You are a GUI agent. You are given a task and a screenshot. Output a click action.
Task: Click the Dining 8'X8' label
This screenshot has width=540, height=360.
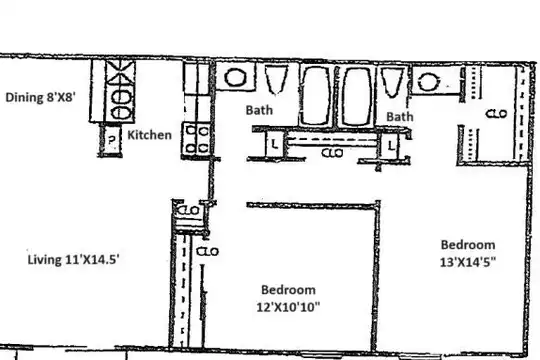[40, 97]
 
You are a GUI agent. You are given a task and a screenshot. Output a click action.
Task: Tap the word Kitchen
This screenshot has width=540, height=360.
[149, 135]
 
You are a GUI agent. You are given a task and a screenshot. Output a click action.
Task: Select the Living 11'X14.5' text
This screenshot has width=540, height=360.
[73, 259]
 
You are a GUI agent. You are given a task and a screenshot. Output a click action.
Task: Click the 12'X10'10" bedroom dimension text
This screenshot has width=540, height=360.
[288, 307]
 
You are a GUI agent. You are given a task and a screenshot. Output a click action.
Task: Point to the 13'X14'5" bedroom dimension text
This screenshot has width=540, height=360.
[468, 262]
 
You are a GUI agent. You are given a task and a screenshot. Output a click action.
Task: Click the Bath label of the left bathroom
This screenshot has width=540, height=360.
[259, 110]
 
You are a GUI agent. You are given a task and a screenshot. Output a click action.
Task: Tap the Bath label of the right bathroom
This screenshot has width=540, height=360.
[399, 117]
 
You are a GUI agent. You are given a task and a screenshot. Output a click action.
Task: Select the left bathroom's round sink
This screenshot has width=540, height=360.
[235, 77]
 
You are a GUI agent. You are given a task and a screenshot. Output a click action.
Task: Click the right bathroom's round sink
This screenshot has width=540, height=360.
[428, 82]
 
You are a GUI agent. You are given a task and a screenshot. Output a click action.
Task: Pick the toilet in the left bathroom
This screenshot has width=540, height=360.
[276, 80]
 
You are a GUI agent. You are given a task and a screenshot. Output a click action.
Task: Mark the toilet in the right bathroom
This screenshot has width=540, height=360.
[392, 83]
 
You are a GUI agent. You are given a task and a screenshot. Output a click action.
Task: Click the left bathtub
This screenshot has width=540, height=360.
[315, 95]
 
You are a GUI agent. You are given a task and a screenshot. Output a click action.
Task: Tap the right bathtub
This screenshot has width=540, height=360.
[357, 96]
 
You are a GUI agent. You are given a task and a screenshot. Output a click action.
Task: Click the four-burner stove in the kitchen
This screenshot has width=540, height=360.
[196, 140]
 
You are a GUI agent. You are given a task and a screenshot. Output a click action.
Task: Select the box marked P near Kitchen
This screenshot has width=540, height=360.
[111, 140]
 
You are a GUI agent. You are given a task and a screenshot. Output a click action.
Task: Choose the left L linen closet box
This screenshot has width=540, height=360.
[274, 144]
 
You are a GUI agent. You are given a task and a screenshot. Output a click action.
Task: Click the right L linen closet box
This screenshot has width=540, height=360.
[390, 146]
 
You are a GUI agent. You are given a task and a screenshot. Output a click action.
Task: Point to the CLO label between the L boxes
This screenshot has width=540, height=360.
[332, 153]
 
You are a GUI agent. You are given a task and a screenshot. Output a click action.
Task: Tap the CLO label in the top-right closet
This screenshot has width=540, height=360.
[496, 113]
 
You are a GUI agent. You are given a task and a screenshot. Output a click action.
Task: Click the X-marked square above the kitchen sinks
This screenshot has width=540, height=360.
[120, 73]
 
